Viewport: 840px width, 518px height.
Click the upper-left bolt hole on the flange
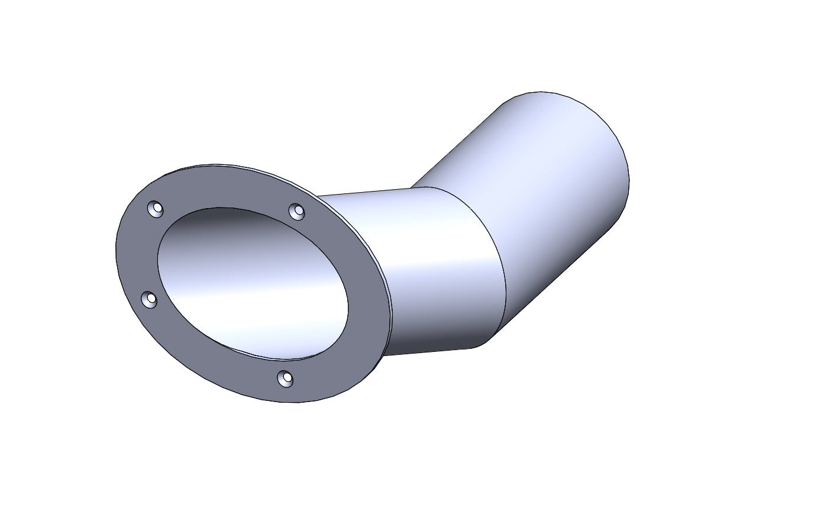click(156, 209)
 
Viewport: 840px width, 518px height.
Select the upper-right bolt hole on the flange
click(296, 211)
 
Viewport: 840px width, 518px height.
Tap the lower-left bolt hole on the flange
click(150, 300)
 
